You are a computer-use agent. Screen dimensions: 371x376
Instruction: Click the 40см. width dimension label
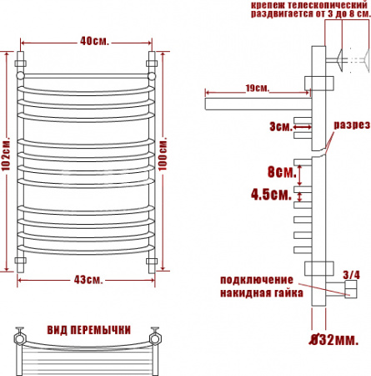click(x=94, y=41)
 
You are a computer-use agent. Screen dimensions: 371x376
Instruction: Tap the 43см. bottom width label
click(x=88, y=280)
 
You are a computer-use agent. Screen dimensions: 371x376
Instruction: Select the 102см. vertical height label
click(x=6, y=154)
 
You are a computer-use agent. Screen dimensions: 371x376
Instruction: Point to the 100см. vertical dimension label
click(x=163, y=154)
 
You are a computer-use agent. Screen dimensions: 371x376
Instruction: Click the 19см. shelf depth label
click(x=258, y=89)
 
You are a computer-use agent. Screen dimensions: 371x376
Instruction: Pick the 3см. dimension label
click(x=281, y=127)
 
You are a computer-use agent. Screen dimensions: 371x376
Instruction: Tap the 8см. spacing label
click(x=282, y=171)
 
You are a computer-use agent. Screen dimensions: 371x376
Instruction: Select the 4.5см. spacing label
click(x=271, y=194)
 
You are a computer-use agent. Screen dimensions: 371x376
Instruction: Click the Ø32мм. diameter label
click(x=334, y=340)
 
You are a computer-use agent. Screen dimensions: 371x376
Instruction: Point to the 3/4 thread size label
click(x=351, y=275)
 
